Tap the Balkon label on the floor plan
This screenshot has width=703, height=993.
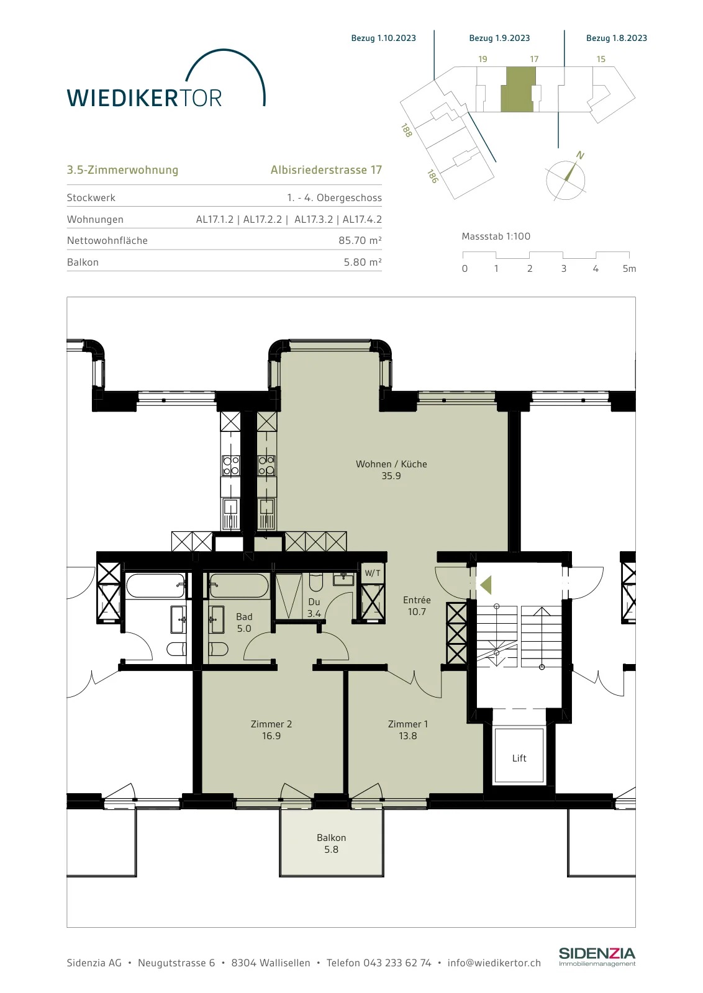coord(332,837)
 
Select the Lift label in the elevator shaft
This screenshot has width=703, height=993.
coord(519,758)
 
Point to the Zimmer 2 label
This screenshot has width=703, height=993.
coord(271,724)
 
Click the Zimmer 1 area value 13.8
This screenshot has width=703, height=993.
coord(407,736)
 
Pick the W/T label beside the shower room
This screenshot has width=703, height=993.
coord(373,573)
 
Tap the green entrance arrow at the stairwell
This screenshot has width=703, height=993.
coord(486,585)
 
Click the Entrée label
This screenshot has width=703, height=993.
coord(417,600)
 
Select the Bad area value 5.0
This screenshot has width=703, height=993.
coord(244,628)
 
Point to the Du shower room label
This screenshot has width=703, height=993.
coord(314,601)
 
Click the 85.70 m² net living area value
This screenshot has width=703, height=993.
coord(360,240)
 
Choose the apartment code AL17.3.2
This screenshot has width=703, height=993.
coord(314,220)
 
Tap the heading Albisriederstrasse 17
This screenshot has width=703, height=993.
coord(326,170)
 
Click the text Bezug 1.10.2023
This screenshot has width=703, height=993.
coord(384,38)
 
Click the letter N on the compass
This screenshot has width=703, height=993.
coord(580,155)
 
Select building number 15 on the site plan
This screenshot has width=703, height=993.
coord(601,59)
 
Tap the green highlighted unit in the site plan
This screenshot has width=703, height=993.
coord(518,89)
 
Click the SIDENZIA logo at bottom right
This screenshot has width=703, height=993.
coord(597,957)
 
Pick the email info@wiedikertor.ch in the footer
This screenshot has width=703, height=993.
coord(494,963)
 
